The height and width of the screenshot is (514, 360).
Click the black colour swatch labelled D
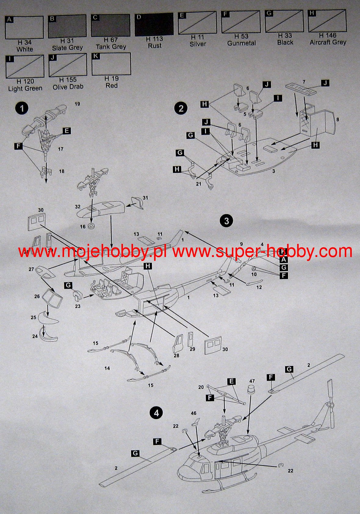point(154,24)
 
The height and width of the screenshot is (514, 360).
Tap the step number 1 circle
point(22,108)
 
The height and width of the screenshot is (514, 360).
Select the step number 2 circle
point(181,108)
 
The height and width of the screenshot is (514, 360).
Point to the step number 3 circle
point(226,221)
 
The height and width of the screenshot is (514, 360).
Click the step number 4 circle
point(157,413)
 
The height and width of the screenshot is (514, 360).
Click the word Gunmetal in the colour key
point(241,43)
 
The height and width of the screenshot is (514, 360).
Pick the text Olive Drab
point(68,87)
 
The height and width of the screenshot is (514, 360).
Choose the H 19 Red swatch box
point(111,64)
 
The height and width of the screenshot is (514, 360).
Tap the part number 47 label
point(252,381)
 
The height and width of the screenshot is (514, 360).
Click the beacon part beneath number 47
point(252,389)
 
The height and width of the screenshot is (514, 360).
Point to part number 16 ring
point(91,226)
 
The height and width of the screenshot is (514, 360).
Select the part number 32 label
point(78,207)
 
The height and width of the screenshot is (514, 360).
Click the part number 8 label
point(338,120)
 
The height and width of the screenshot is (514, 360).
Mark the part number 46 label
point(193,413)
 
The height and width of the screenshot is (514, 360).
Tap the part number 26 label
point(37,296)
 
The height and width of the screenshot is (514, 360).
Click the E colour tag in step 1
point(67,131)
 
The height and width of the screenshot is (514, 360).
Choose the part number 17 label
point(60,149)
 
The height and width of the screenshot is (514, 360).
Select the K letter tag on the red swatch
point(96,56)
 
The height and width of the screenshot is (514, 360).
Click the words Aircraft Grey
point(328,42)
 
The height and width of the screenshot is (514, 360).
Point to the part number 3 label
point(273,171)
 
